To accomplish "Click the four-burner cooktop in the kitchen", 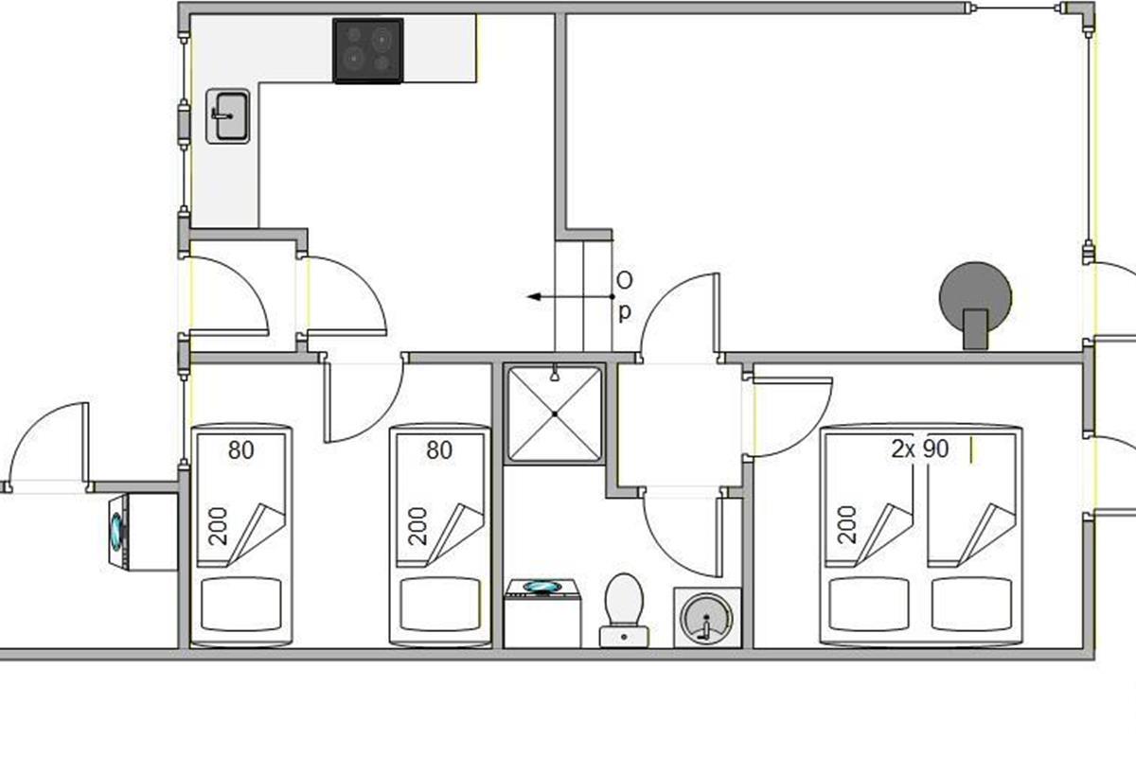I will pyautogui.click(x=368, y=50).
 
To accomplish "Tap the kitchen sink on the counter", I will pyautogui.click(x=227, y=115).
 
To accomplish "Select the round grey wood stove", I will pyautogui.click(x=974, y=299).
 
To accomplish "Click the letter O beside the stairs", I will pyautogui.click(x=624, y=280).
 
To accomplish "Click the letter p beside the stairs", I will pyautogui.click(x=624, y=311).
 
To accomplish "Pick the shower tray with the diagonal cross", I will pyautogui.click(x=554, y=414).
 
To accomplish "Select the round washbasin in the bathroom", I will pyautogui.click(x=705, y=618).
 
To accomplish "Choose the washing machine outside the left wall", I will pyautogui.click(x=142, y=532).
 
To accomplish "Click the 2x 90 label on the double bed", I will pyautogui.click(x=919, y=449).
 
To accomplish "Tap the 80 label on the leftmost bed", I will pyautogui.click(x=241, y=450).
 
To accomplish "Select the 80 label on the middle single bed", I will pyautogui.click(x=439, y=450).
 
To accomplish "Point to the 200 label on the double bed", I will pyautogui.click(x=847, y=524).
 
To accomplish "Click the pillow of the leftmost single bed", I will pyautogui.click(x=241, y=605).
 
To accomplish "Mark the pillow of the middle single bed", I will pyautogui.click(x=439, y=605).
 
